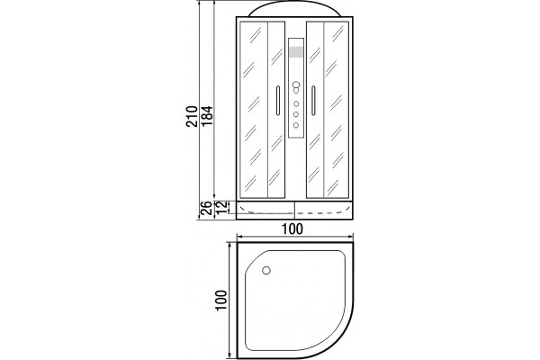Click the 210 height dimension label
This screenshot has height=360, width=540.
[x=192, y=116]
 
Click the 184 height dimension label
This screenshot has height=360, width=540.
[x=207, y=116]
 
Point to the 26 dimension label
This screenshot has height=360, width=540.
[x=206, y=208]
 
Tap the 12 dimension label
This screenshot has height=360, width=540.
[x=222, y=207]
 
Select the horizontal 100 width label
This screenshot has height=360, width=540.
[x=292, y=229]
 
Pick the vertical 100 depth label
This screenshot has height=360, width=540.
[x=221, y=301]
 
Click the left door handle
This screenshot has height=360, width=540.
[x=277, y=100]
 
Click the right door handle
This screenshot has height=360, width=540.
[x=313, y=100]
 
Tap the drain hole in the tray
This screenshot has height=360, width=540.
[x=266, y=270]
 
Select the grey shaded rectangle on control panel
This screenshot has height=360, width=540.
[x=296, y=51]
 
